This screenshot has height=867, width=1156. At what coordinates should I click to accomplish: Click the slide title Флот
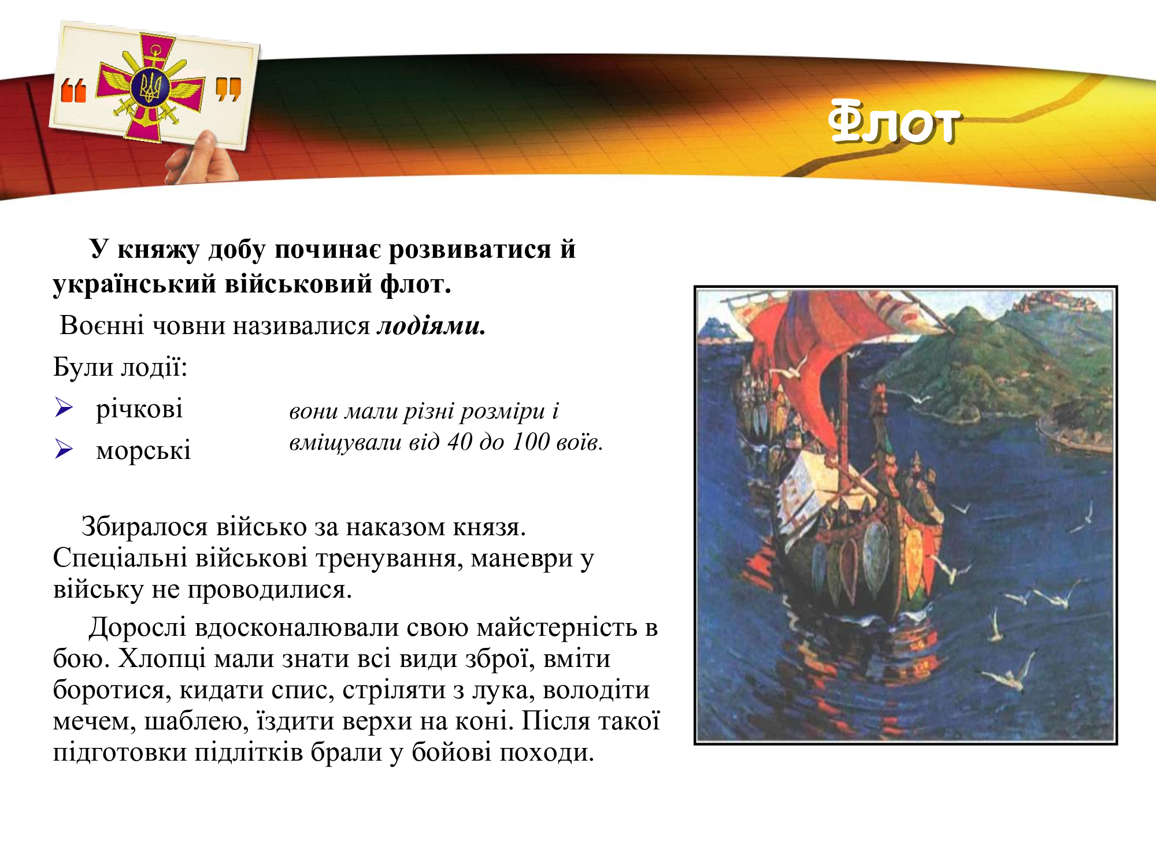[x=894, y=123]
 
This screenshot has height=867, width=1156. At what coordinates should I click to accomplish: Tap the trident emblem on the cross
[x=151, y=88]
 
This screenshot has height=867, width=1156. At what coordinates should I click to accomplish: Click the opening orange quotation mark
[x=73, y=91]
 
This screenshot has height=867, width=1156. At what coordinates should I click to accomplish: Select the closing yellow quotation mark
[x=228, y=90]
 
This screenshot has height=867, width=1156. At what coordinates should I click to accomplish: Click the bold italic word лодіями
[x=431, y=326]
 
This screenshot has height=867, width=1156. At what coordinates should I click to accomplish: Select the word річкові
[x=139, y=409]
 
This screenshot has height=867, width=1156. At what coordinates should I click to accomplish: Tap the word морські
[x=143, y=450]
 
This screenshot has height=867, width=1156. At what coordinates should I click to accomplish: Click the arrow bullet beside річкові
[x=64, y=407]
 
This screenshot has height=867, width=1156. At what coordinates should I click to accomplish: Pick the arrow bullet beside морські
[x=64, y=449]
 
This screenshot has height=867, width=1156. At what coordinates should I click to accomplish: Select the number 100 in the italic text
[x=531, y=442]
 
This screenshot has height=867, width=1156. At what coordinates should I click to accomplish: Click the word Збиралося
[x=144, y=527]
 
